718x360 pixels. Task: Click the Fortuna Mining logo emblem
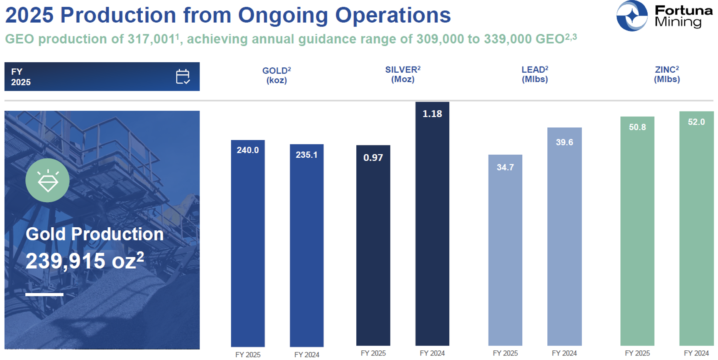pyautogui.click(x=632, y=16)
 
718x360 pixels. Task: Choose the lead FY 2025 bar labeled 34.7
pyautogui.click(x=505, y=250)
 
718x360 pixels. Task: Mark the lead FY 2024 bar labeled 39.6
pyautogui.click(x=564, y=237)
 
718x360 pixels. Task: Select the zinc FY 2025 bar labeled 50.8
pyautogui.click(x=637, y=231)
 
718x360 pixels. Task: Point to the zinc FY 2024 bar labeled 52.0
pyautogui.click(x=696, y=228)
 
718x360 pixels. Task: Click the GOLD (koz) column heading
pyautogui.click(x=276, y=75)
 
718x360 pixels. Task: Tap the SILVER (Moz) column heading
pyautogui.click(x=402, y=74)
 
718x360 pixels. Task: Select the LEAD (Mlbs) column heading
pyautogui.click(x=534, y=74)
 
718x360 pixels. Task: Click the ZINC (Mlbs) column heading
pyautogui.click(x=666, y=74)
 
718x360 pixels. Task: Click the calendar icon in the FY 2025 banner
pyautogui.click(x=183, y=77)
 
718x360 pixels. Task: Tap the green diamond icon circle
pyautogui.click(x=48, y=180)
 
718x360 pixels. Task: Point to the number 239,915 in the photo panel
pyautogui.click(x=65, y=261)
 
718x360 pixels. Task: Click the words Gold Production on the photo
pyautogui.click(x=95, y=234)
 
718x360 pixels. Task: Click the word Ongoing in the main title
pyautogui.click(x=283, y=15)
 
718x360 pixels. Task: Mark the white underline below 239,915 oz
pyautogui.click(x=44, y=295)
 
